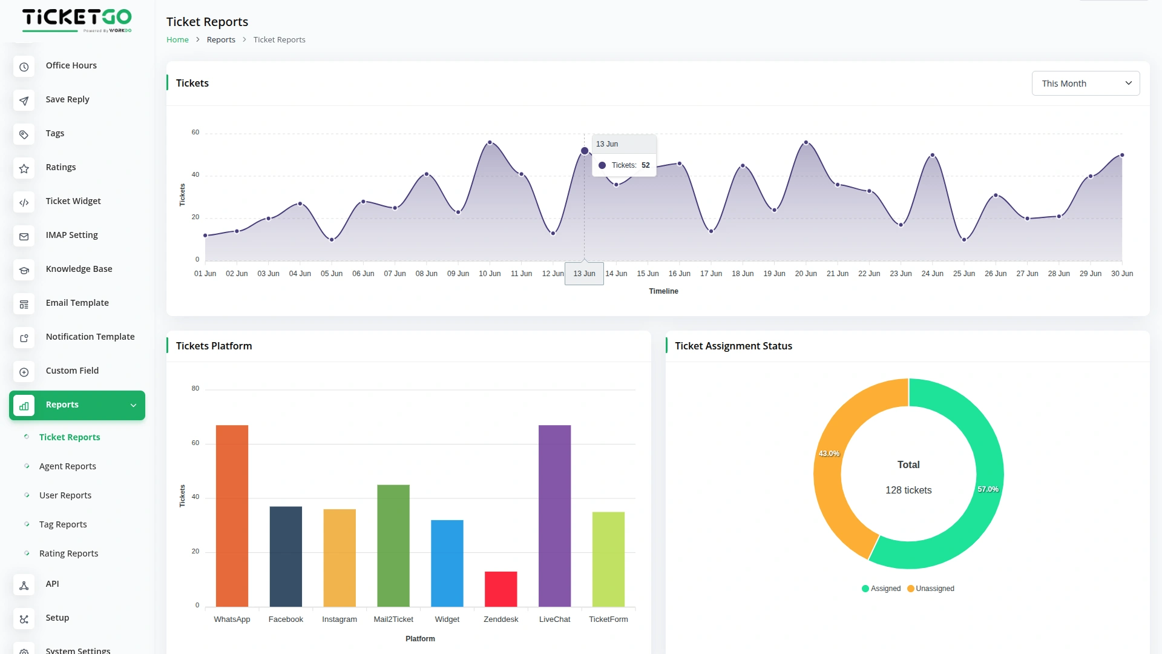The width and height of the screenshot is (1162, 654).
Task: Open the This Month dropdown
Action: click(x=1085, y=84)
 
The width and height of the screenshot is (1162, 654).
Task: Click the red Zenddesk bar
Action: click(x=501, y=589)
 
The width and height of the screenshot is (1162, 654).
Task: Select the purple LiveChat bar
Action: click(x=554, y=515)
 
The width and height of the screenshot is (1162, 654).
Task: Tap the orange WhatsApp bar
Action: click(x=232, y=515)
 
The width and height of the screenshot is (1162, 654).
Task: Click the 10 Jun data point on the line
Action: click(x=490, y=143)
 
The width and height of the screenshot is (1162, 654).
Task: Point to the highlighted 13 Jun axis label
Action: click(x=584, y=274)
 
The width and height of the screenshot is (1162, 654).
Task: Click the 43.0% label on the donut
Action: click(x=829, y=454)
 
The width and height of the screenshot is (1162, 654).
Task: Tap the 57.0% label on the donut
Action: click(x=988, y=489)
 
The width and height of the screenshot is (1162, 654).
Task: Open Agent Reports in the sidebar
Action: click(x=68, y=466)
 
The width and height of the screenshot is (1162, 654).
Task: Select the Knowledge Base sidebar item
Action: click(x=79, y=269)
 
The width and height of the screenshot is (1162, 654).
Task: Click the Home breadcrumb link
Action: click(x=177, y=40)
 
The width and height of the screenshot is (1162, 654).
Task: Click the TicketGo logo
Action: click(x=77, y=20)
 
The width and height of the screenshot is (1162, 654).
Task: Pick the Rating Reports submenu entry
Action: click(x=68, y=553)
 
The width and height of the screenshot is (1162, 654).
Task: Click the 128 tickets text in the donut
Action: click(x=908, y=490)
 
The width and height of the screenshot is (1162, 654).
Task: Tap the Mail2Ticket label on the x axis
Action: click(x=393, y=619)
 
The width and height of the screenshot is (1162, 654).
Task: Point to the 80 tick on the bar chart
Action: click(x=195, y=389)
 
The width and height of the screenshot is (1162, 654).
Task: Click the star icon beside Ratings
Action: click(x=24, y=168)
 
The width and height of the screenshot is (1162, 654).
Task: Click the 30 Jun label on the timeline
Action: click(x=1121, y=274)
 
